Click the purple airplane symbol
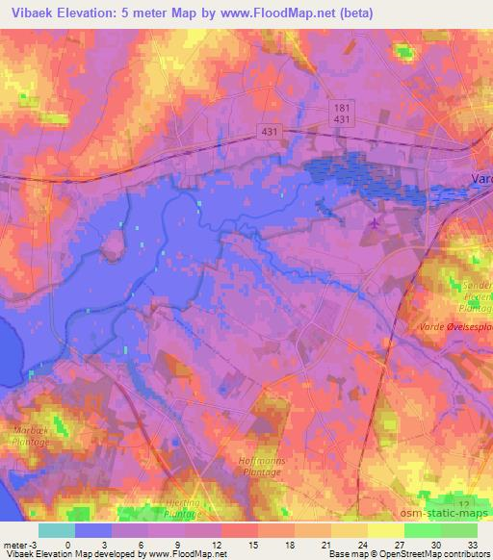[x=375, y=224]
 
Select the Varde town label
[x=480, y=178]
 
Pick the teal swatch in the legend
[x=56, y=530]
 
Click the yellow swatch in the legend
[x=387, y=530]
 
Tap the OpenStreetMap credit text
[x=402, y=554]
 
